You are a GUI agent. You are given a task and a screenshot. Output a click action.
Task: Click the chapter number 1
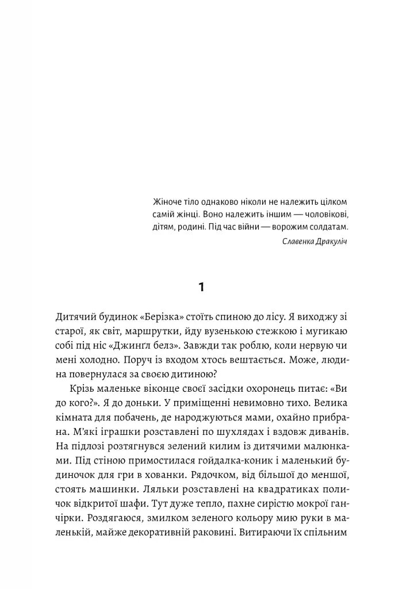[201, 286]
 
